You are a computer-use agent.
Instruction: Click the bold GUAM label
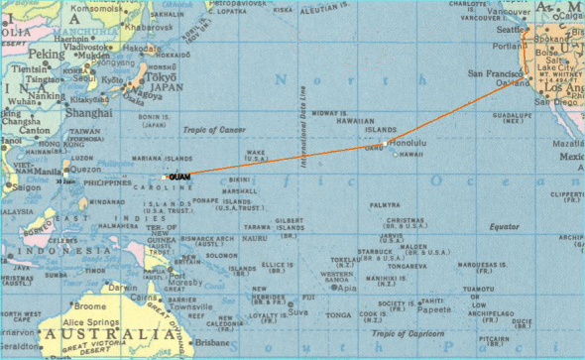coord(180,177)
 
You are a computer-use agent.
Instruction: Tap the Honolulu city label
coord(408,143)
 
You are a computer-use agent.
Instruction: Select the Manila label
coord(48,171)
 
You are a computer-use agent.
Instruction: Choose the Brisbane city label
coord(209,340)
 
